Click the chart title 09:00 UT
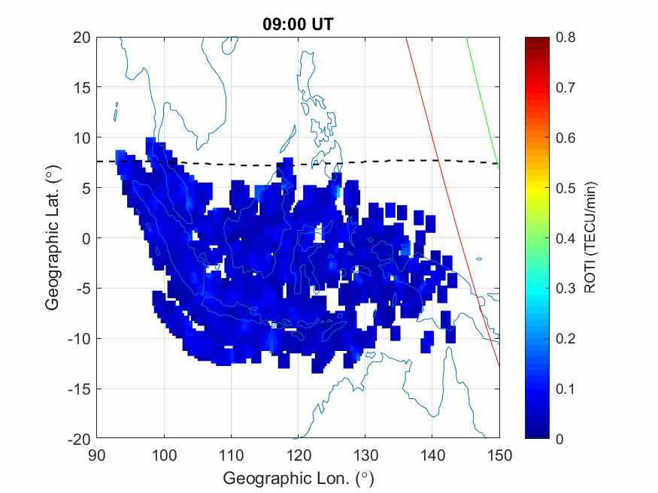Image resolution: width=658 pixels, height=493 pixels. click(x=297, y=24)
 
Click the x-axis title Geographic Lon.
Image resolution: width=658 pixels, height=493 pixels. click(x=298, y=478)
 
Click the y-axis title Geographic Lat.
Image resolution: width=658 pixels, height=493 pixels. click(x=52, y=239)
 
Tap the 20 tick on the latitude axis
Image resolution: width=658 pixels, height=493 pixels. click(x=82, y=38)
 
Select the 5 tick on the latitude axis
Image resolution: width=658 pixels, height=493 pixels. click(x=86, y=188)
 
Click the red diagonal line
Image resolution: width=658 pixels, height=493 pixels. click(x=452, y=203)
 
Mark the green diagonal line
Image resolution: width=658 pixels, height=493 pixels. click(x=483, y=101)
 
